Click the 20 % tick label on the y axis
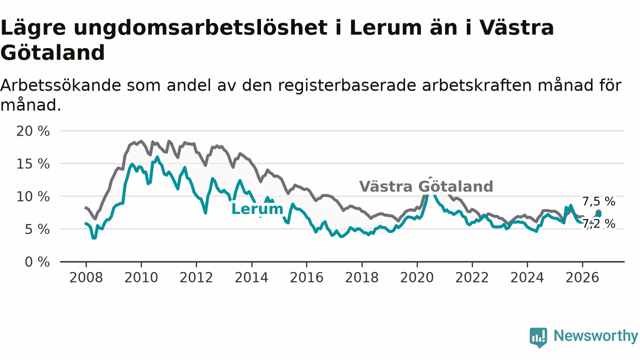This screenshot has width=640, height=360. point(33,131)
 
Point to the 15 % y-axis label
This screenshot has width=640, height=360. point(33,164)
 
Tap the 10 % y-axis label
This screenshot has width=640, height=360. point(33,197)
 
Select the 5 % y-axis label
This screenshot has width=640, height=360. point(37,229)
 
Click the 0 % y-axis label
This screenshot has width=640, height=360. point(37,262)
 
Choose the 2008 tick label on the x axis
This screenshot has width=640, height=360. point(86,277)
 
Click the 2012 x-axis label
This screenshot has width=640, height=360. point(196,277)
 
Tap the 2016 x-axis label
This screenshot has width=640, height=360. point(306,277)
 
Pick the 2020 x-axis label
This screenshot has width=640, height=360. point(417,277)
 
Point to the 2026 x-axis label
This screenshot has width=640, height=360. point(582,277)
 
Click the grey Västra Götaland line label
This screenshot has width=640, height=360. point(426,186)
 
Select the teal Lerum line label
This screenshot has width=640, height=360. point(257,209)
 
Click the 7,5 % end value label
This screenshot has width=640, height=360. point(599,201)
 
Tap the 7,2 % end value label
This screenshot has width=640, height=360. point(599,223)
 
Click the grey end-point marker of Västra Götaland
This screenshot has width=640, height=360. point(598,212)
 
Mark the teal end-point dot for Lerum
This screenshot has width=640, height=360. point(598,215)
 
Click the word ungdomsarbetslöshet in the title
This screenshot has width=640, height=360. point(200,28)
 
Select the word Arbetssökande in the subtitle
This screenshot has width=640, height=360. point(60,85)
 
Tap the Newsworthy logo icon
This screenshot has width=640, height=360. point(538,337)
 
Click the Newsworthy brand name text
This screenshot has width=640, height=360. point(595,335)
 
